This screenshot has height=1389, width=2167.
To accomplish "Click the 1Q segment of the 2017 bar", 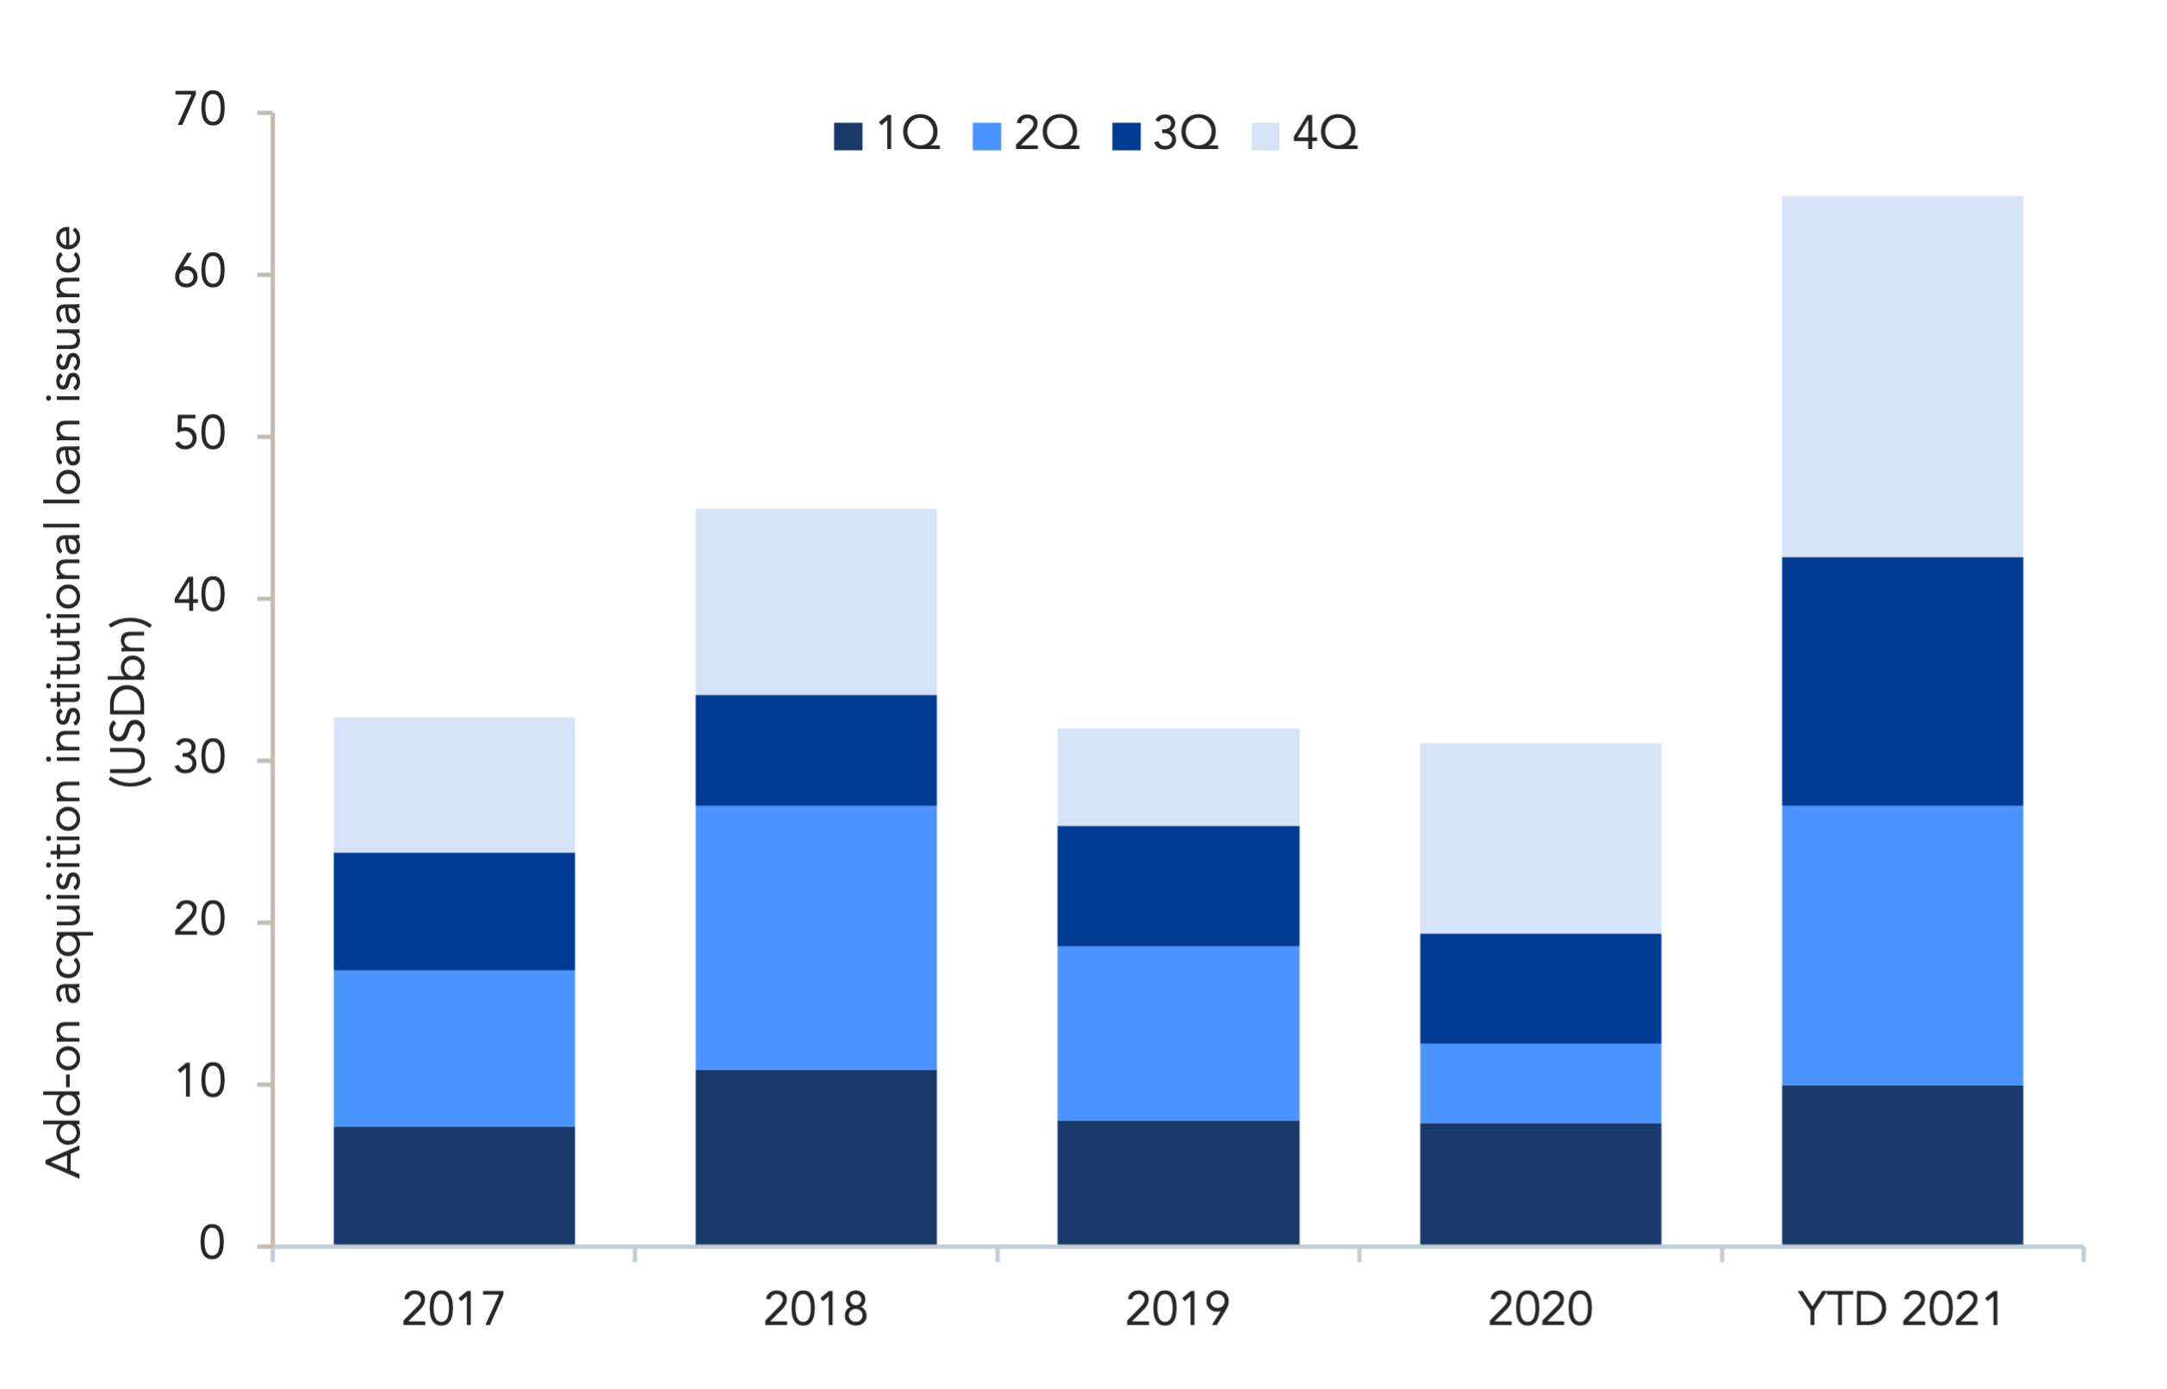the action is pyautogui.click(x=454, y=1186).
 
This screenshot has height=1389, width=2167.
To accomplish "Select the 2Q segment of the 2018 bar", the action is pyautogui.click(x=816, y=938).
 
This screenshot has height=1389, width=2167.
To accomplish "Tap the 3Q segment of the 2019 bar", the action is pyautogui.click(x=1178, y=886).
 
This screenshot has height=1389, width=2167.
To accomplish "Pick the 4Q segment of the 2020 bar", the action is pyautogui.click(x=1540, y=838).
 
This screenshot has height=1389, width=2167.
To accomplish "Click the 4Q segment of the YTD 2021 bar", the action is pyautogui.click(x=1902, y=376).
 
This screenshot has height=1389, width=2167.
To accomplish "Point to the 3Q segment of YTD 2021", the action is pyautogui.click(x=1902, y=681).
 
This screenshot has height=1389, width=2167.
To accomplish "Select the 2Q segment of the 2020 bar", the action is pyautogui.click(x=1540, y=1083).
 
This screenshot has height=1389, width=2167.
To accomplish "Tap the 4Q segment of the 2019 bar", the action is pyautogui.click(x=1178, y=777).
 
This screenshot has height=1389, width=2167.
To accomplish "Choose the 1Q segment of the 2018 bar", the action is pyautogui.click(x=816, y=1158).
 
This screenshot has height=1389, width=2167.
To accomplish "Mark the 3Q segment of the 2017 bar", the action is pyautogui.click(x=454, y=911).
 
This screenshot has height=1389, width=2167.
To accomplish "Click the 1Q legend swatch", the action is pyautogui.click(x=848, y=136).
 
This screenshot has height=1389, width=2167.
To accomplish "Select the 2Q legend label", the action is pyautogui.click(x=1046, y=133).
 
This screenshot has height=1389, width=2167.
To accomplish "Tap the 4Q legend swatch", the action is pyautogui.click(x=1266, y=136).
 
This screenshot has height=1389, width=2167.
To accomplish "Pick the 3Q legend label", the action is pyautogui.click(x=1185, y=133).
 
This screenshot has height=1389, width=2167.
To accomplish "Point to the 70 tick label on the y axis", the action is pyautogui.click(x=199, y=110).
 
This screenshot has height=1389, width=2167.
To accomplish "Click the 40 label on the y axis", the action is pyautogui.click(x=199, y=596).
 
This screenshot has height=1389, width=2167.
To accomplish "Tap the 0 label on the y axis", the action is pyautogui.click(x=212, y=1243).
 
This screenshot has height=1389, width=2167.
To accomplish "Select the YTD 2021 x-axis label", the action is pyautogui.click(x=1901, y=1309).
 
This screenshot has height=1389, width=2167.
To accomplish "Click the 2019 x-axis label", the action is pyautogui.click(x=1177, y=1309).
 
